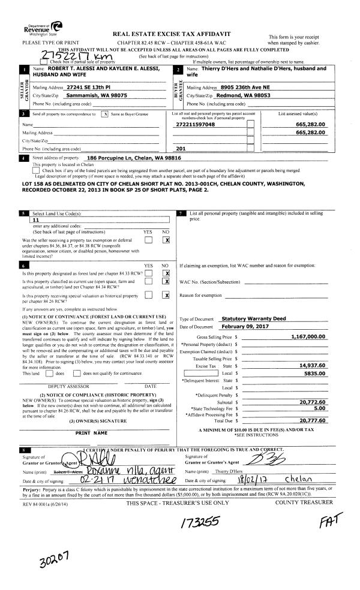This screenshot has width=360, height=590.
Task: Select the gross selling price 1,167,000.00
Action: pos(308,338)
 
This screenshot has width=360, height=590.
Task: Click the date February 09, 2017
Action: pos(242,326)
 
